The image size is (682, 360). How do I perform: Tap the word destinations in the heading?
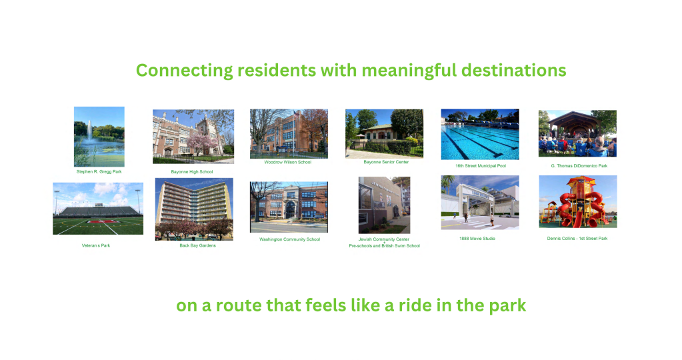click(x=514, y=70)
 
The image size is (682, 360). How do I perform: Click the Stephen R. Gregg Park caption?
click(x=99, y=172)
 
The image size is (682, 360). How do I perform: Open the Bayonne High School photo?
click(x=193, y=137)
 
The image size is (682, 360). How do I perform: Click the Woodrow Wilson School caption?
click(x=288, y=162)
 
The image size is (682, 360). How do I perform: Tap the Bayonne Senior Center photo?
click(x=384, y=133)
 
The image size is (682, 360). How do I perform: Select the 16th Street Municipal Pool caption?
click(x=481, y=165)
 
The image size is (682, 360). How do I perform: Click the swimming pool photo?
click(x=480, y=135)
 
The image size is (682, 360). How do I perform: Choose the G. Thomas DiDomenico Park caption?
click(x=579, y=165)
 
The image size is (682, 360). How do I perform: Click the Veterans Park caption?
click(x=96, y=245)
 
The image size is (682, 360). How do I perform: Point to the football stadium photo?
click(x=98, y=209)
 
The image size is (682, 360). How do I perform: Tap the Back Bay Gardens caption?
click(x=197, y=245)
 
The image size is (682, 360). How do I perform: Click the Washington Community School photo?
click(x=289, y=207)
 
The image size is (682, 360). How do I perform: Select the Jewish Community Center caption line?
click(x=383, y=239)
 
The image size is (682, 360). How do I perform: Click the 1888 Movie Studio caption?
click(x=477, y=239)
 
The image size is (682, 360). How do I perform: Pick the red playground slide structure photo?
click(x=578, y=202)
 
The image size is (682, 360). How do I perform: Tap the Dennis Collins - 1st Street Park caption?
click(x=577, y=239)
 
